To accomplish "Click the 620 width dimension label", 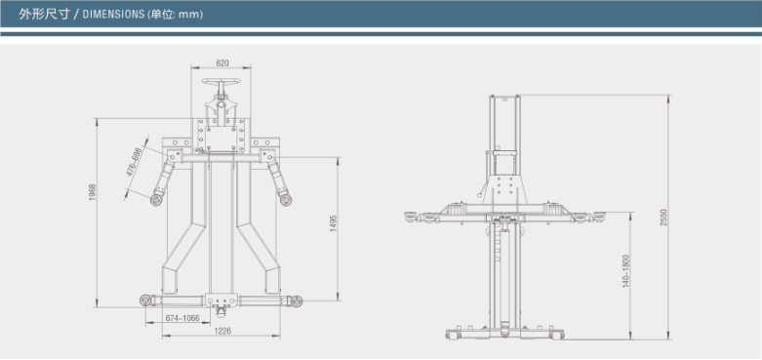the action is [222, 63].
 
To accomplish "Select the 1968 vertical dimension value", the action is [93, 193].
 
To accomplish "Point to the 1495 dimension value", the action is [334, 222].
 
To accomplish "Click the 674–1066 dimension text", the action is [182, 318].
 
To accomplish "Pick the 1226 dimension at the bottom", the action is [222, 331].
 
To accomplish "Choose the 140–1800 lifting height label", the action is [626, 271].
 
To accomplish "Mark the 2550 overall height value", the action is [664, 218].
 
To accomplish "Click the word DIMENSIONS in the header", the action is [113, 14].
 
